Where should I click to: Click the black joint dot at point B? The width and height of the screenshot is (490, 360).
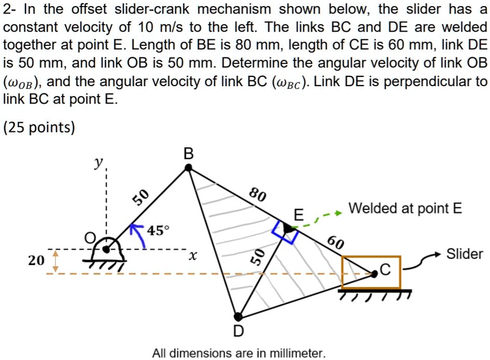[188, 167]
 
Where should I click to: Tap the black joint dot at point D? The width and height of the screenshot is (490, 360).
[238, 316]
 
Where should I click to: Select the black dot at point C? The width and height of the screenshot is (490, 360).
[374, 274]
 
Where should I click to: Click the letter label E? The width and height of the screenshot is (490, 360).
[297, 214]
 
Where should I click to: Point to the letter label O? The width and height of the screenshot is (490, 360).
[89, 238]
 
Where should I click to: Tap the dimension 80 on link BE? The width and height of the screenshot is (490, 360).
[257, 194]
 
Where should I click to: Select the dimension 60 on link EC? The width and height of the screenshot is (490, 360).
[335, 243]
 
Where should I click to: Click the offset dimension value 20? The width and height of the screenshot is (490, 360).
[36, 260]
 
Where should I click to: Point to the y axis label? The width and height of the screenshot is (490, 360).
[99, 162]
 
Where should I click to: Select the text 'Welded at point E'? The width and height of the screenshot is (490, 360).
[405, 208]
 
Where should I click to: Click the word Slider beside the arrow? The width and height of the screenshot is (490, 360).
[464, 254]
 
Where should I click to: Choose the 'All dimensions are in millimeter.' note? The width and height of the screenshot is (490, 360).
[239, 353]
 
